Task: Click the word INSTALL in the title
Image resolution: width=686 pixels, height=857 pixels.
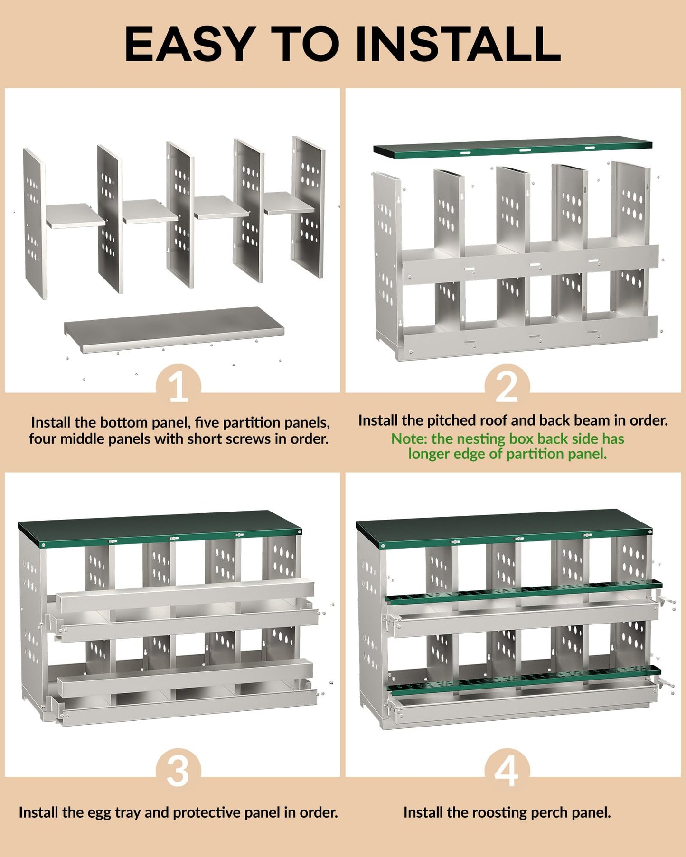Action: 458,44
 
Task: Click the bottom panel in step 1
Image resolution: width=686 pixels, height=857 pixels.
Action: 174,328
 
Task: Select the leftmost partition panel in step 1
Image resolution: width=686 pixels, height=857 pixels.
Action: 35,223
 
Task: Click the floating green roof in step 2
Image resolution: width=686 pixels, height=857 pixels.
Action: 513,148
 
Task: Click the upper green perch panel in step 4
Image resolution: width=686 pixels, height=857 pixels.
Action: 524,591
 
